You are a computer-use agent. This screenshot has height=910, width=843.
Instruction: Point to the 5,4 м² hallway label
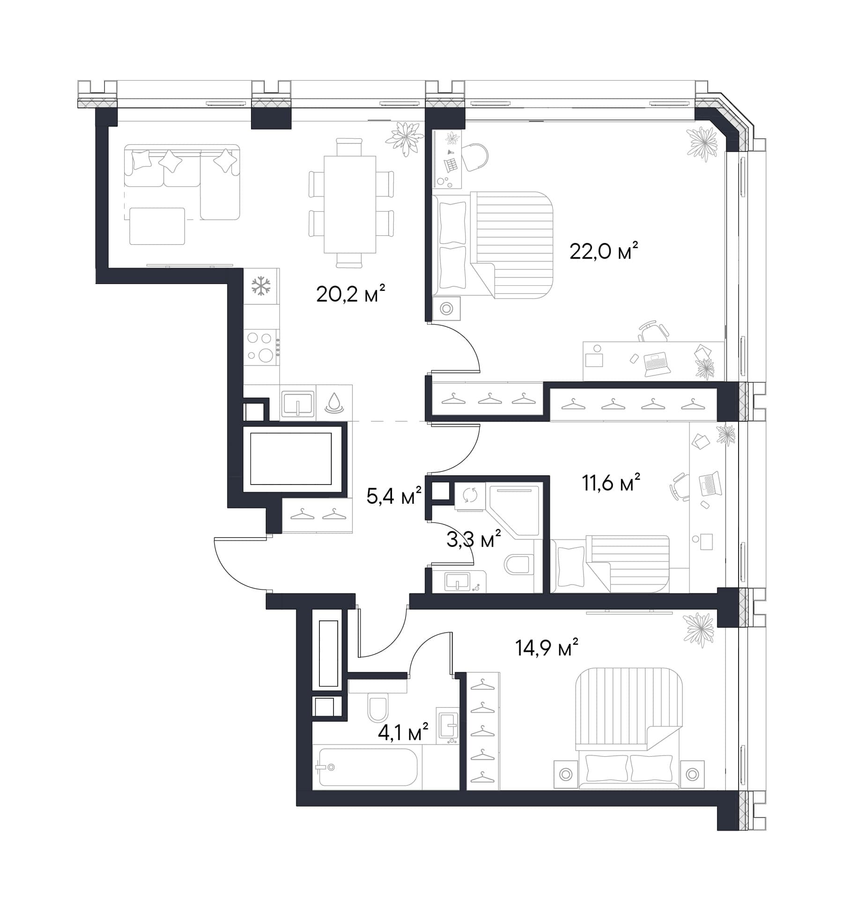tap(394, 496)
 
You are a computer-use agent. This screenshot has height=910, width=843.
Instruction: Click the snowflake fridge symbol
tap(261, 286)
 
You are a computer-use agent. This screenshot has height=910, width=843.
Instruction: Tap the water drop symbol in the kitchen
tap(334, 403)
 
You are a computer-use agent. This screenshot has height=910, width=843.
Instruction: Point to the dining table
tap(350, 204)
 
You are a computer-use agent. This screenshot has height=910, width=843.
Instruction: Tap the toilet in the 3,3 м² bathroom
tap(519, 565)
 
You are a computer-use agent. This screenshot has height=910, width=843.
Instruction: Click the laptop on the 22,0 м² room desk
tap(657, 364)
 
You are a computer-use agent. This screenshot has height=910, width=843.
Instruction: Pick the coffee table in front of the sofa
tap(157, 226)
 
